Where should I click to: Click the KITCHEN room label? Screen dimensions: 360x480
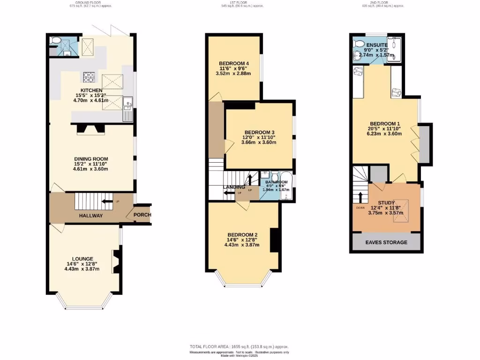[x=91, y=90]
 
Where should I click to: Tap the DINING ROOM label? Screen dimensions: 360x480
[x=91, y=159]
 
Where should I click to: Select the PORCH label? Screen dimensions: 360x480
[x=142, y=215]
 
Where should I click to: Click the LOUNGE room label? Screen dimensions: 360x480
[x=82, y=259]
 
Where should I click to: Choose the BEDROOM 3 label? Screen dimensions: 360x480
[x=259, y=132]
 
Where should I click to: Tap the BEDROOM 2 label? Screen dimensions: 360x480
[x=241, y=235]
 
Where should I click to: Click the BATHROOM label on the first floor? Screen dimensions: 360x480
[x=276, y=182]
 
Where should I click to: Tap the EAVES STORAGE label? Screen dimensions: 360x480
[x=387, y=242]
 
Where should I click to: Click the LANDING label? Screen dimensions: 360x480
[x=234, y=187]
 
